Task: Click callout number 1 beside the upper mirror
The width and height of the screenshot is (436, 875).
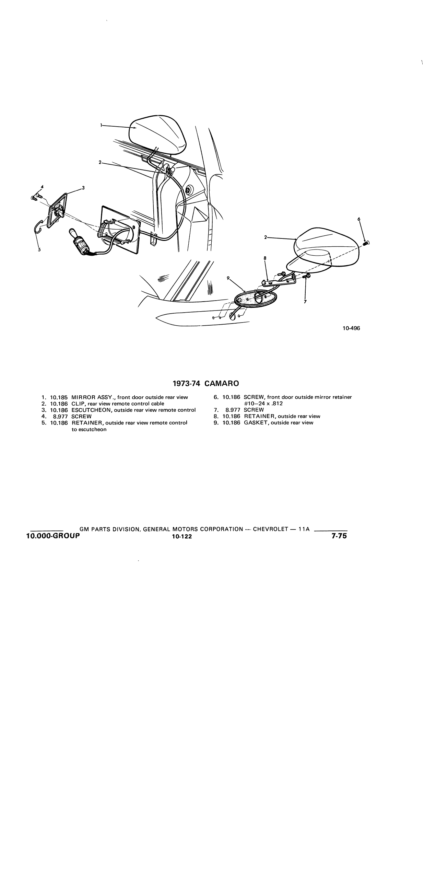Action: click(101, 126)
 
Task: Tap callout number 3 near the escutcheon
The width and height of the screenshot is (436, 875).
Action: click(83, 188)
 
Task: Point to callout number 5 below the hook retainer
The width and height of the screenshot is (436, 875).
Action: click(39, 250)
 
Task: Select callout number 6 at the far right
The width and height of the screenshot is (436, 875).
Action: click(359, 219)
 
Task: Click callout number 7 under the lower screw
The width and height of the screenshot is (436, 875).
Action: click(305, 302)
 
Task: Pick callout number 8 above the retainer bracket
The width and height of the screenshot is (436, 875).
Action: click(265, 258)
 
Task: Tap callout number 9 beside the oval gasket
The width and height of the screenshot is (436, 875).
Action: click(228, 278)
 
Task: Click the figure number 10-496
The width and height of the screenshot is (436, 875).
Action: click(351, 328)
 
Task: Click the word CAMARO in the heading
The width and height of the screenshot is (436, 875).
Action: click(222, 383)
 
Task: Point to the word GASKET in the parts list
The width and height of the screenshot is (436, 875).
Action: click(256, 423)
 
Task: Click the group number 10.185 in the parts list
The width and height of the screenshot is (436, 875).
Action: click(59, 397)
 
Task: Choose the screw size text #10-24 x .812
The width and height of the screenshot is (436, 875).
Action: click(263, 404)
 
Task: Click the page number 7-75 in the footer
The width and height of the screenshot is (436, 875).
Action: click(339, 536)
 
